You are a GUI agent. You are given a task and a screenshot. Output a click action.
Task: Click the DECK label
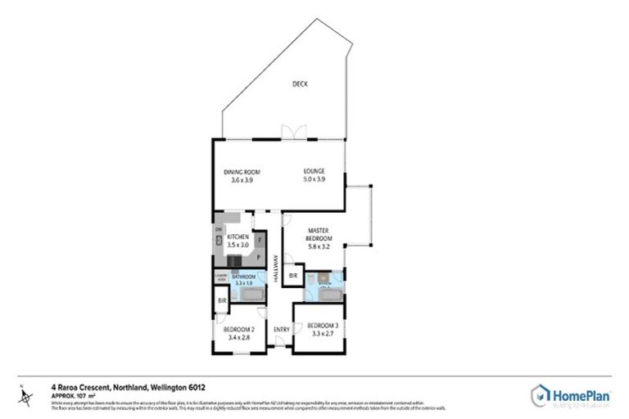[300, 84]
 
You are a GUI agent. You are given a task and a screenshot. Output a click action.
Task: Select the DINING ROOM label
[242, 172]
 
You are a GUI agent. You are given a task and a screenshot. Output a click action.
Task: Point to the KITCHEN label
[238, 237]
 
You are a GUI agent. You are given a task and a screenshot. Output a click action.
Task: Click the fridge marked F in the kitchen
[258, 240]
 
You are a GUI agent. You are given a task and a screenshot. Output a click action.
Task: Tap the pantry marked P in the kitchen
[258, 257]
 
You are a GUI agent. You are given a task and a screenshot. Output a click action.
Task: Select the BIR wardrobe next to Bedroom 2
[221, 302]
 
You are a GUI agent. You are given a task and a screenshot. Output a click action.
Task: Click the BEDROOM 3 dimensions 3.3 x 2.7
[315, 333]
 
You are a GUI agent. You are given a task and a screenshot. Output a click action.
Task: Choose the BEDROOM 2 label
[240, 329]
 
